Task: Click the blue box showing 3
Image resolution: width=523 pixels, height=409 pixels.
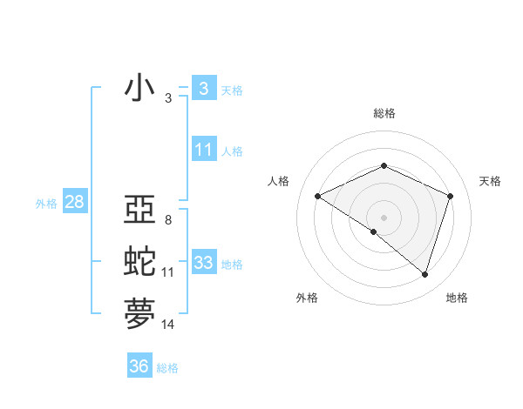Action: coord(203,89)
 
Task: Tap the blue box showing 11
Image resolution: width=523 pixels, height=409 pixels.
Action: coord(203,150)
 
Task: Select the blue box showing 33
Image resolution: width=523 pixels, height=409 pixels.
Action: coord(203,263)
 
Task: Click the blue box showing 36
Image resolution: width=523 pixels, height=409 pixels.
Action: coord(139,366)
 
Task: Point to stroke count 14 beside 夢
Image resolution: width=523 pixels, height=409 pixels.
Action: coord(167,325)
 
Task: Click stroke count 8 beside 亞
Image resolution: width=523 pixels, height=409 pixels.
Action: coord(167,219)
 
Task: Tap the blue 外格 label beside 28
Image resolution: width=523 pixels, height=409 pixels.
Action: coord(46,204)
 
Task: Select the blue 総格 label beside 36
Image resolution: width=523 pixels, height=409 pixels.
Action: coord(167,368)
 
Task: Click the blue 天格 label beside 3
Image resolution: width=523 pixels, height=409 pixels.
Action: coord(232,91)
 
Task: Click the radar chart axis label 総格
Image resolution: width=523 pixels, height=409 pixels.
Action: coord(384,113)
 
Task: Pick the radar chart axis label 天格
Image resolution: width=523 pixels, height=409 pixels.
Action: coord(491,181)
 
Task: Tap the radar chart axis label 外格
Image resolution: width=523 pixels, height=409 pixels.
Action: coord(307,298)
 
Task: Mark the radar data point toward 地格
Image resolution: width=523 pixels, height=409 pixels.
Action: coord(425,275)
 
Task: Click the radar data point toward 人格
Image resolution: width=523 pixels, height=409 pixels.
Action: coord(317,197)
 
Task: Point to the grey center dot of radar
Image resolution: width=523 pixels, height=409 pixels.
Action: coord(384,217)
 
